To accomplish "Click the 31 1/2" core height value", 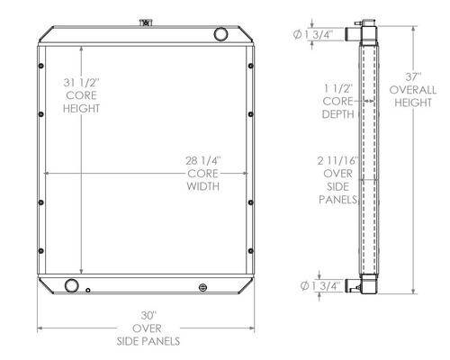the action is click(x=81, y=83).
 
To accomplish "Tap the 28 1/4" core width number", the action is click(x=203, y=161).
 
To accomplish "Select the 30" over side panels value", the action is click(x=148, y=316).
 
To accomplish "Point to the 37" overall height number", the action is click(x=413, y=77).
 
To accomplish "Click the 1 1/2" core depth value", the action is click(x=338, y=88).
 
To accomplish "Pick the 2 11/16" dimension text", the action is click(x=338, y=161).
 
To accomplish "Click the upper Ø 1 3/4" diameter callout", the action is click(x=313, y=35).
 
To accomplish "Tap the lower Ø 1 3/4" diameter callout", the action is click(x=320, y=285).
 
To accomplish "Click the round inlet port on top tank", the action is click(x=220, y=34).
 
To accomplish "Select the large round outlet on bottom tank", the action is click(x=72, y=285).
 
